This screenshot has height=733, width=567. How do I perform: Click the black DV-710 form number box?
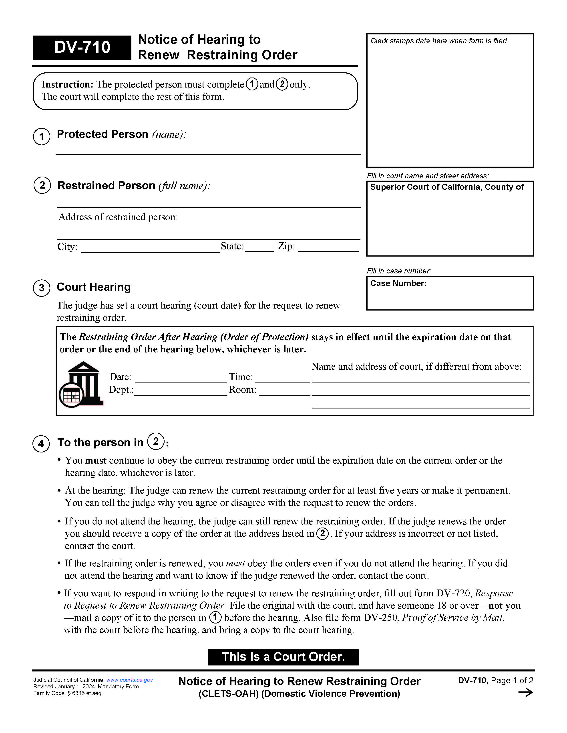click(x=82, y=47)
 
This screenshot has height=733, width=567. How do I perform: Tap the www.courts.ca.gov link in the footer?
click(x=129, y=680)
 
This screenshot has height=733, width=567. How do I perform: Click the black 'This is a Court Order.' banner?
click(x=283, y=657)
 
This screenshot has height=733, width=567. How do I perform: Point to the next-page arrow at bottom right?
click(x=525, y=692)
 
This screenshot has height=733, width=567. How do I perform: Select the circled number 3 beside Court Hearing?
click(x=42, y=288)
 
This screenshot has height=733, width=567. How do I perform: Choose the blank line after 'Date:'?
click(x=181, y=378)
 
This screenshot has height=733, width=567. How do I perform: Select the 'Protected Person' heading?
click(x=103, y=134)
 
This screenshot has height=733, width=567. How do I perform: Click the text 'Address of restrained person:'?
click(x=118, y=217)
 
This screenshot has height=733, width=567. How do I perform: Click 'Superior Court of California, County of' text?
click(x=446, y=187)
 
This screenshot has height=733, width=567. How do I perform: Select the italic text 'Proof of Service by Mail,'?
click(x=453, y=618)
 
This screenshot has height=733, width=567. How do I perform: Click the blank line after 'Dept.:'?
click(x=180, y=391)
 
